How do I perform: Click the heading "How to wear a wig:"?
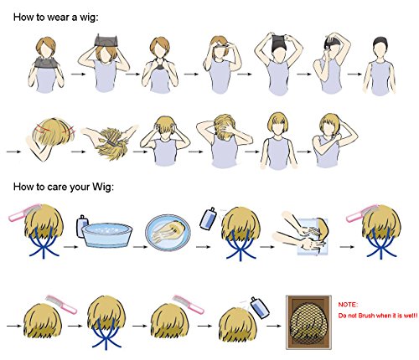(56, 18)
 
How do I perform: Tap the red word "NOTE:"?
(348, 305)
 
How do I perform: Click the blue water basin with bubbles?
(107, 234)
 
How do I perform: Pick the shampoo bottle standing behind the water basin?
(82, 225)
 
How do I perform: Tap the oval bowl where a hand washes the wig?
(168, 232)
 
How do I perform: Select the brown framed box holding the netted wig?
(308, 322)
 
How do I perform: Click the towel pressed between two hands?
(312, 237)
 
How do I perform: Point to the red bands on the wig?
(53, 130)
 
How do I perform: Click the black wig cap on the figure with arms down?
(380, 42)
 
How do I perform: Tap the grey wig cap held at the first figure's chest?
(47, 62)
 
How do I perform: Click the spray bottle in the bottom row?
(260, 307)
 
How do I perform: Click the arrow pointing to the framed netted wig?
(274, 326)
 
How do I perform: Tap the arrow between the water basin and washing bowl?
(140, 247)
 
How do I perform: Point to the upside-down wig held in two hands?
(111, 144)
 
